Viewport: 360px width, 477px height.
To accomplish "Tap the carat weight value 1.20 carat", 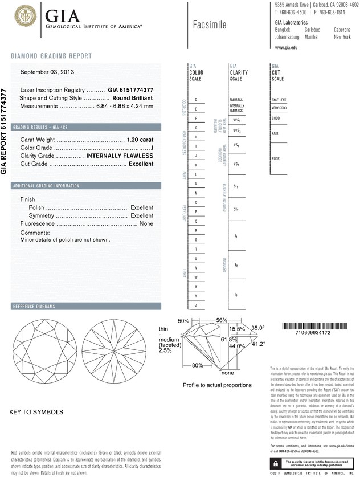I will [x=140, y=140].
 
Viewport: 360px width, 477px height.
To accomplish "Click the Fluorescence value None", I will [x=146, y=224].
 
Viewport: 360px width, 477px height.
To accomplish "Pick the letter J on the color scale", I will [x=196, y=156].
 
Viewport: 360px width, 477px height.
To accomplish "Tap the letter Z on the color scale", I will [x=196, y=306].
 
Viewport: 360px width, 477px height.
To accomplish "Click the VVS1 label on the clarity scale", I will [x=236, y=121].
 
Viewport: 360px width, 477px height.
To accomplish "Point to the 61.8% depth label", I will [x=228, y=339].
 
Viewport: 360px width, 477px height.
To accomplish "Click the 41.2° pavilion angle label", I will [x=259, y=344].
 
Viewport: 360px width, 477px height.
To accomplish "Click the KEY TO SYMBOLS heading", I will [x=36, y=411].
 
